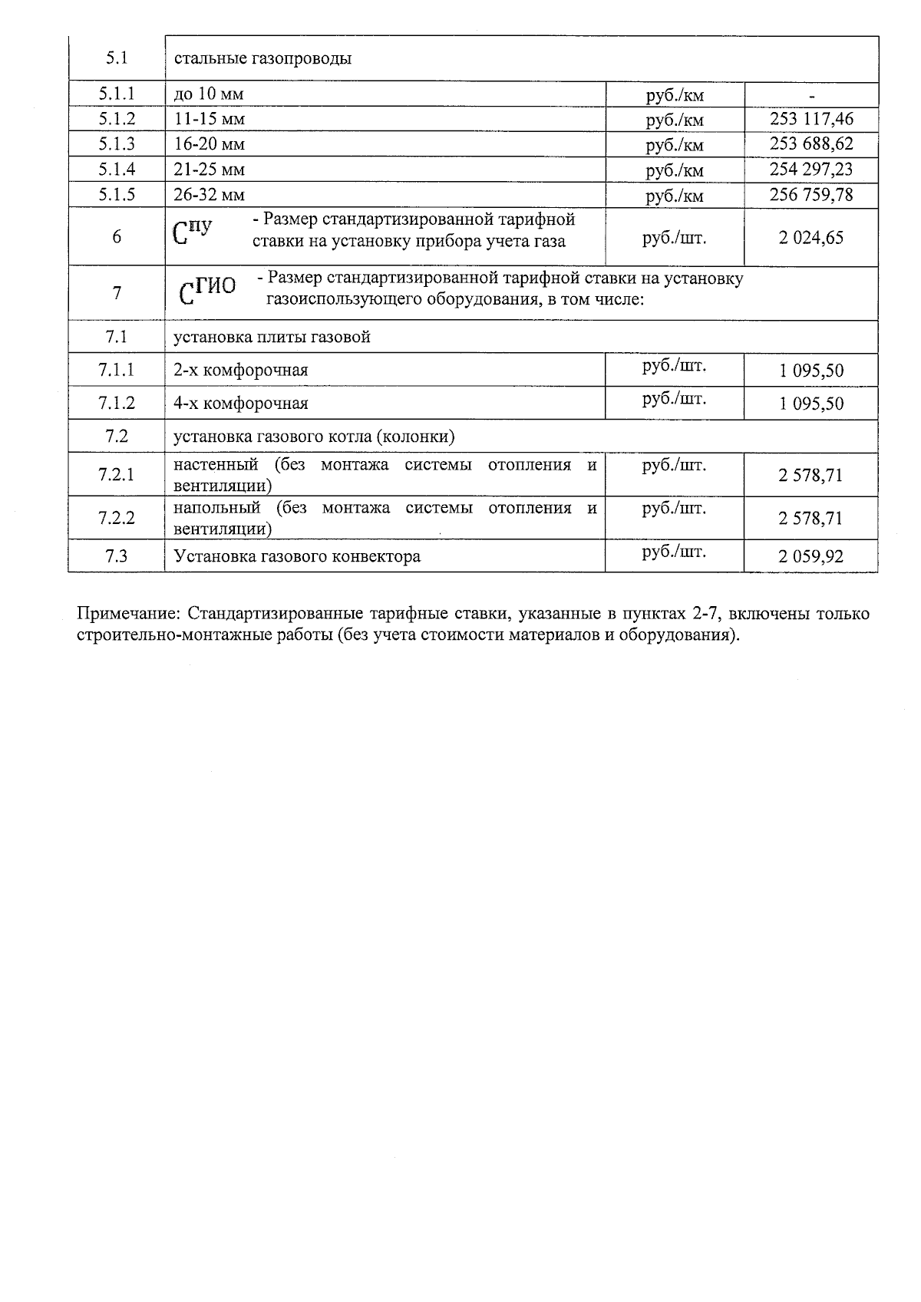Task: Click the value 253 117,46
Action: point(811,119)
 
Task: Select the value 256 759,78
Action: point(811,195)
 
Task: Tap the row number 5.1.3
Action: point(117,144)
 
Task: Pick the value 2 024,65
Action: point(811,238)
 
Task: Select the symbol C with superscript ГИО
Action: point(207,291)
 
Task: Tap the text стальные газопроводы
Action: point(262,58)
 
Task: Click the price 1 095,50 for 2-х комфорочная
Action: point(811,371)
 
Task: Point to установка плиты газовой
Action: point(272,337)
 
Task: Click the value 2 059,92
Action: point(811,557)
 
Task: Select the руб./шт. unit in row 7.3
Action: point(674,551)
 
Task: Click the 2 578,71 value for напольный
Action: point(811,519)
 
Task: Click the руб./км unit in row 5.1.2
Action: point(674,120)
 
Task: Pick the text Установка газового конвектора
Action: point(297,557)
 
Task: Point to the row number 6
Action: point(117,237)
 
